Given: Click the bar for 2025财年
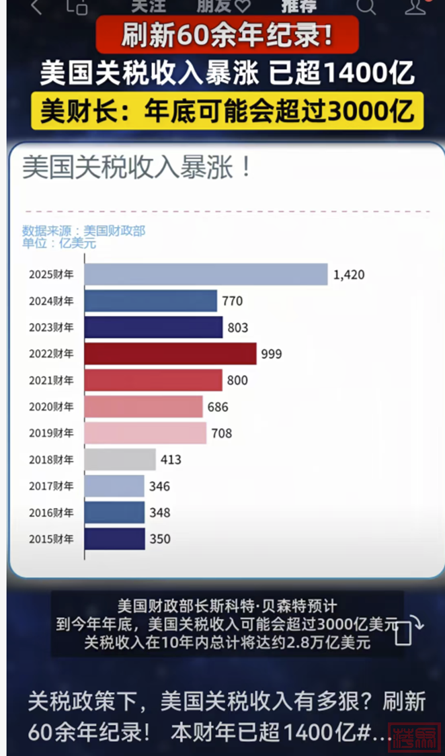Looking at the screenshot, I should point(206,274).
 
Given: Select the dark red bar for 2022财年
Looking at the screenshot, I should point(170,353).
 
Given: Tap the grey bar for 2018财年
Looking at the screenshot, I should point(120,460).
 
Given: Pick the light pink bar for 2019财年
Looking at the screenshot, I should point(145,433).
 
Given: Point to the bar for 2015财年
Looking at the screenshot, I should point(114,539).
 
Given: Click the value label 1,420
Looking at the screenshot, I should point(349,275).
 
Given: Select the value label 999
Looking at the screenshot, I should point(272,354).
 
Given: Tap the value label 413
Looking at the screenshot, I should point(171,460).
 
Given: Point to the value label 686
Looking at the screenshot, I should point(218,407).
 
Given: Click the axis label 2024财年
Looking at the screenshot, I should point(51,301).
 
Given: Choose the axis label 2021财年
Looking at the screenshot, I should point(51,380).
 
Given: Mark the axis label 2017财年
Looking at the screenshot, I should point(51,486).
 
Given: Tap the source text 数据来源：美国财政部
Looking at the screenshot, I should point(83,230).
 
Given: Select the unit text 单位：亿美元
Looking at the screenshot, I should point(59,243).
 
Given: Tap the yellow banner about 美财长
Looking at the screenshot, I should point(227,110).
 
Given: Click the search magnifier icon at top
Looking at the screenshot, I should point(366,7).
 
